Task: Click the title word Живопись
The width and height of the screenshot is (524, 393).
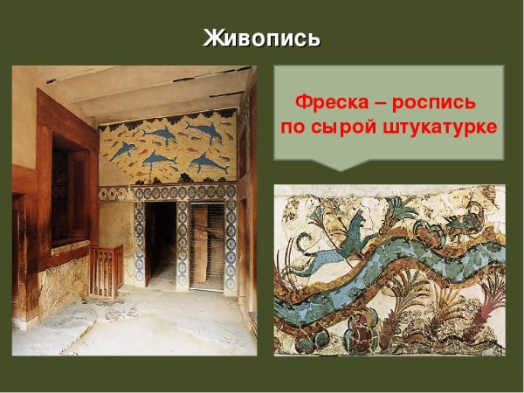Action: (261, 38)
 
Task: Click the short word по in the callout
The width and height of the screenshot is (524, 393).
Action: (293, 128)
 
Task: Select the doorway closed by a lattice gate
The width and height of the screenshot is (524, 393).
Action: (207, 247)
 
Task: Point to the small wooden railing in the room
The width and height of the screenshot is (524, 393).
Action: (106, 270)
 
